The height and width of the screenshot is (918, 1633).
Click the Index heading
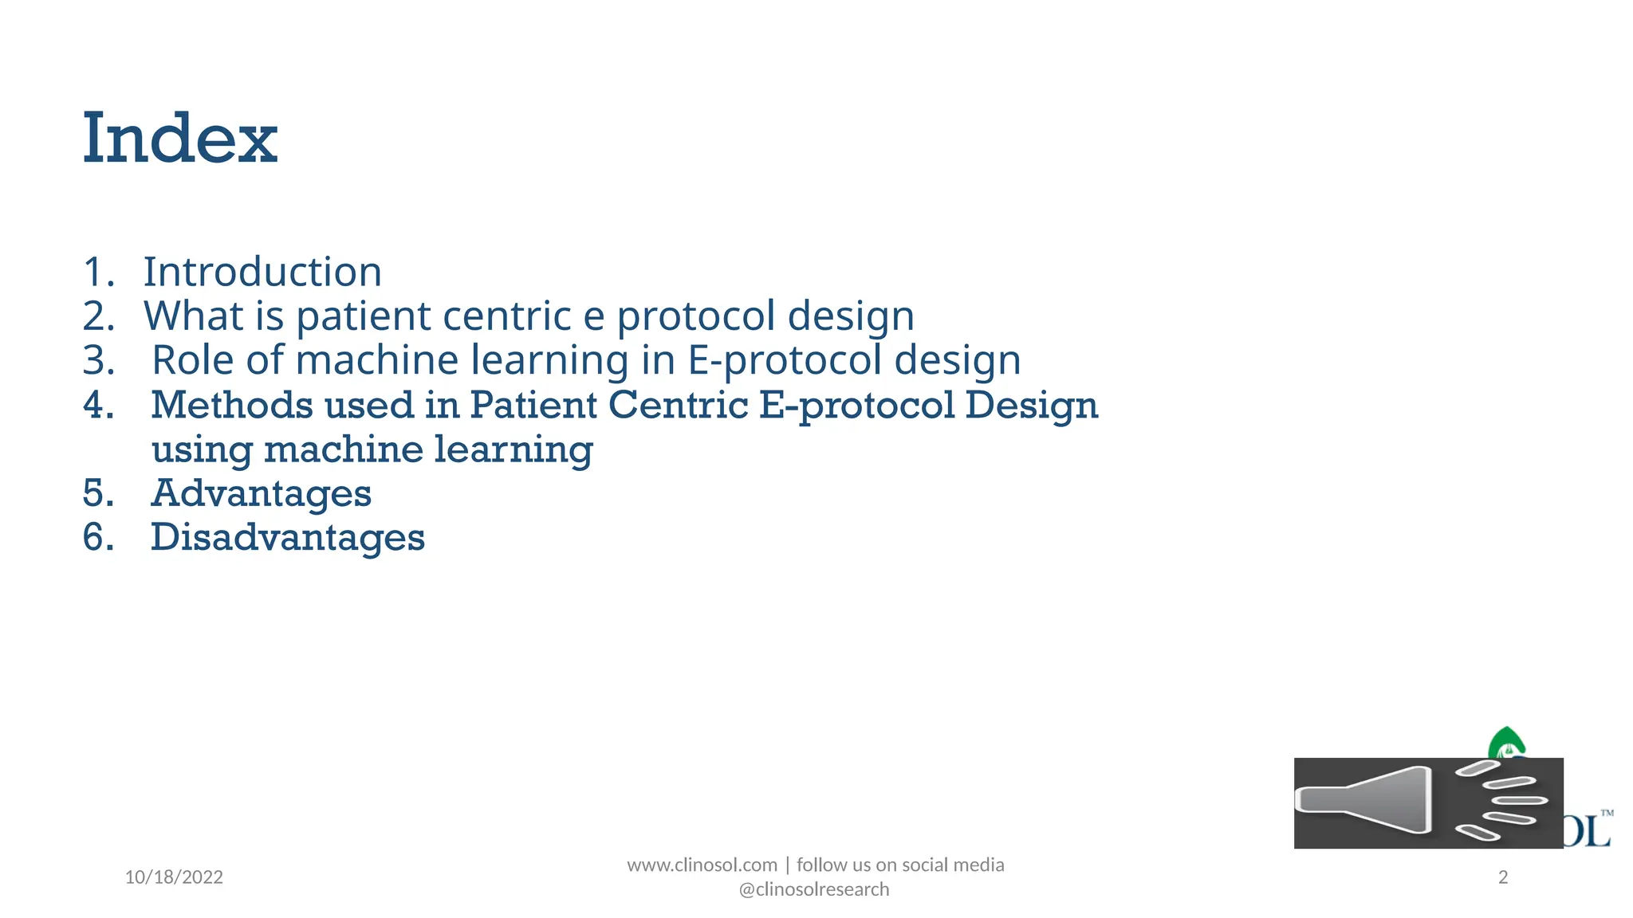[180, 139]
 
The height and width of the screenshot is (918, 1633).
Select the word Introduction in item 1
[262, 273]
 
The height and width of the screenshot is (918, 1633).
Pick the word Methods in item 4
[230, 405]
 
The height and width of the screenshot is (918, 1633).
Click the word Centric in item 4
[678, 405]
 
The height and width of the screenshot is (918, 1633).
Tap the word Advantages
[261, 493]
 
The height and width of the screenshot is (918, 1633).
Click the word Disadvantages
[287, 537]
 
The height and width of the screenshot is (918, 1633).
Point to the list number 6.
[97, 537]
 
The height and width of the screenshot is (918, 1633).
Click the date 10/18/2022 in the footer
[174, 877]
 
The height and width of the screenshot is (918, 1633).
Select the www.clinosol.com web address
[702, 865]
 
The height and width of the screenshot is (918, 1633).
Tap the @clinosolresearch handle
[814, 889]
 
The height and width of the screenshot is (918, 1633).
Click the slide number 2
[1503, 877]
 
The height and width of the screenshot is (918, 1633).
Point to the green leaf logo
[1505, 743]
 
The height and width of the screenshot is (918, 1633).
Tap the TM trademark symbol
[1607, 814]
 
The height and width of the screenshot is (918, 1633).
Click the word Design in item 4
[1031, 405]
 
